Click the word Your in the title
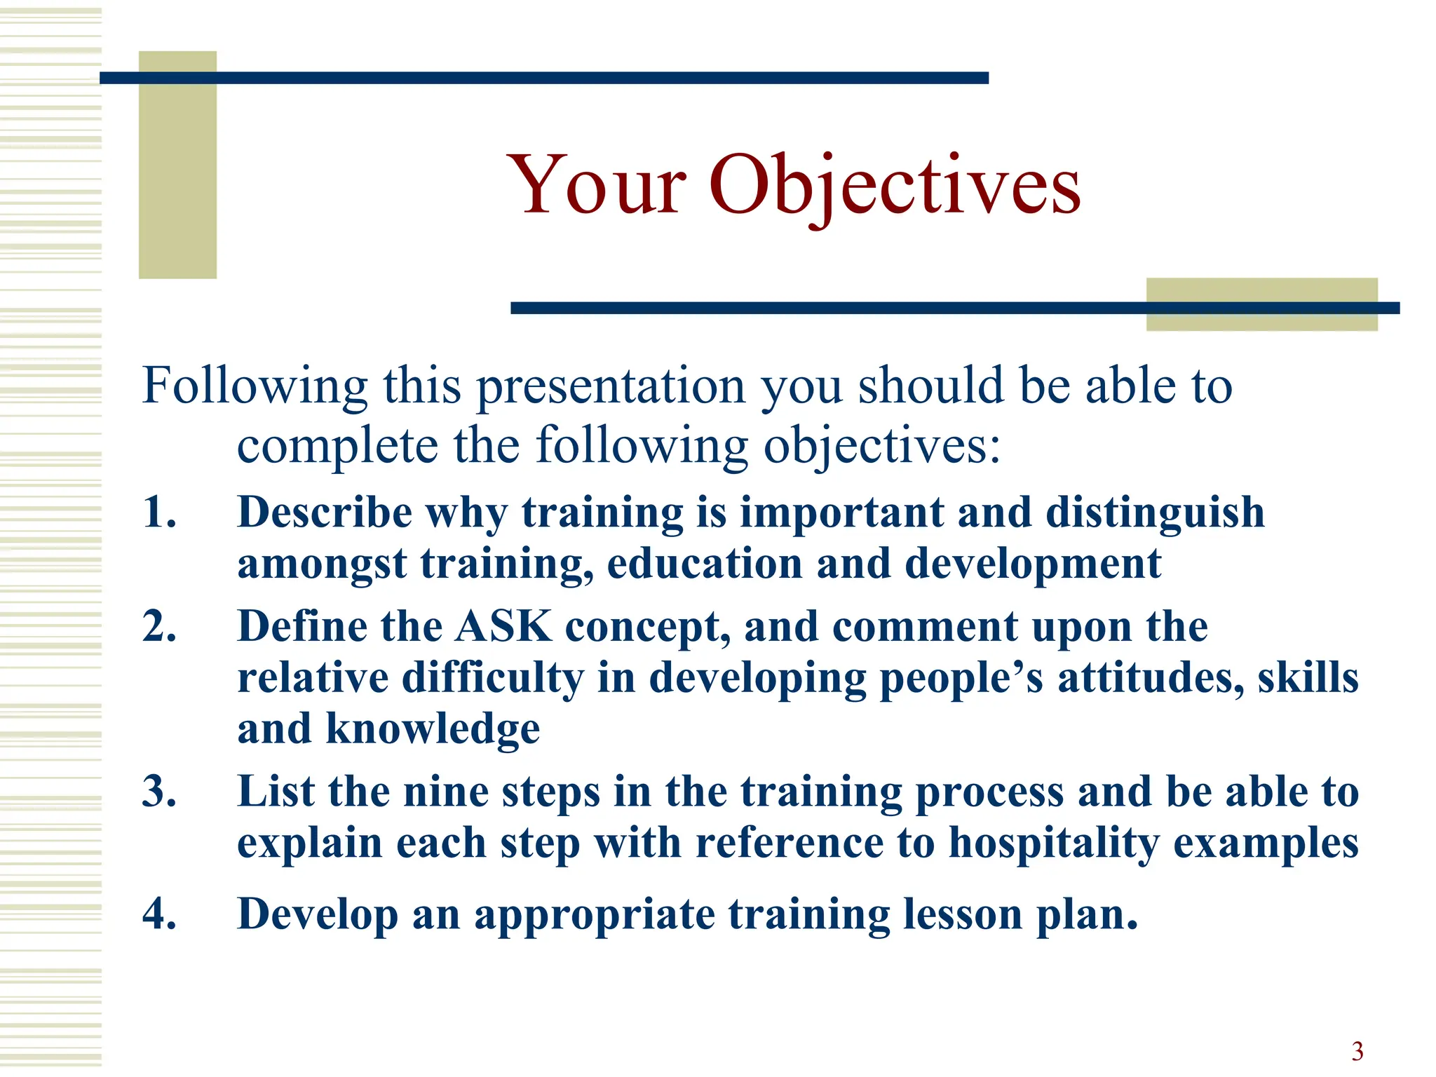[597, 186]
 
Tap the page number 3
[1357, 1051]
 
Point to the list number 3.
[159, 792]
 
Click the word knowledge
[433, 729]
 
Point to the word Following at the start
[255, 387]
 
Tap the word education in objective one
[704, 564]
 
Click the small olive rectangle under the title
[1261, 304]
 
